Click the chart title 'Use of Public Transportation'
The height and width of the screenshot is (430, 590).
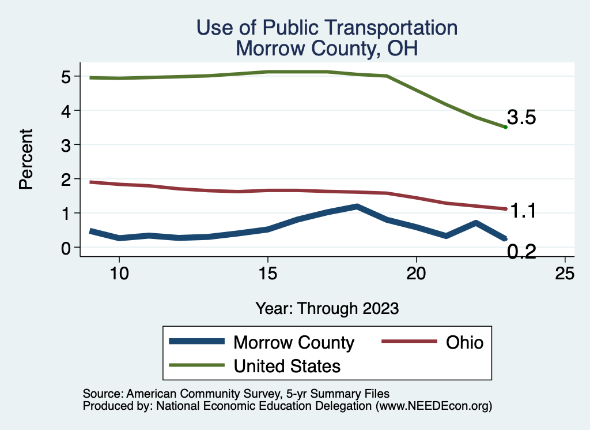[x=327, y=28]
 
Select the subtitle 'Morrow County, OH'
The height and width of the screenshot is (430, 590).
[x=327, y=48]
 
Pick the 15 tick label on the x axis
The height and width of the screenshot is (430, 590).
[x=267, y=273]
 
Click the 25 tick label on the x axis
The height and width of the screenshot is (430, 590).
[x=565, y=273]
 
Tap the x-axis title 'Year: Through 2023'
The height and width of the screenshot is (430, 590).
[x=327, y=308]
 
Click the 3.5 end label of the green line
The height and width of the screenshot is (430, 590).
[x=521, y=118]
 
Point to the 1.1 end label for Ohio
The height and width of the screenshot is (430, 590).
[x=523, y=211]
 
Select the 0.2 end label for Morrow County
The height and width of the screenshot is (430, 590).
[x=521, y=251]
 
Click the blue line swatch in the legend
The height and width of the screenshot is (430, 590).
[x=196, y=342]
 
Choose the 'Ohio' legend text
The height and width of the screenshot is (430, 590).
[x=464, y=342]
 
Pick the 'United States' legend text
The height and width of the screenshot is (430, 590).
[x=286, y=365]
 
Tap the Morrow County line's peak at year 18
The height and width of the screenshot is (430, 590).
[x=357, y=206]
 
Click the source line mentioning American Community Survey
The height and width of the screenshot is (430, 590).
[x=236, y=394]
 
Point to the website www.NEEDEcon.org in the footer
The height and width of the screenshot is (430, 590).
[x=433, y=406]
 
